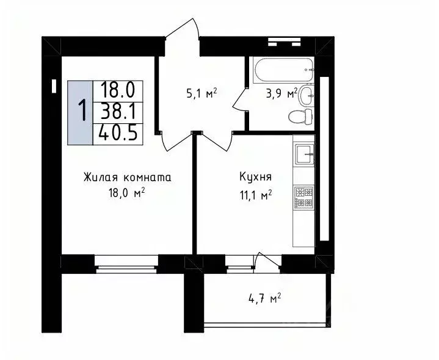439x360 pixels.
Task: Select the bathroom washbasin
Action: click(308, 93)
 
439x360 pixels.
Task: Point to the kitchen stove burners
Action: click(304, 196)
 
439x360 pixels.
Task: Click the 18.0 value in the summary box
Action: click(118, 90)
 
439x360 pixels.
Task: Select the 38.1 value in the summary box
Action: click(118, 111)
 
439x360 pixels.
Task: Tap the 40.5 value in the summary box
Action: click(118, 132)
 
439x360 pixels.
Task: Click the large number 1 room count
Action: click(81, 112)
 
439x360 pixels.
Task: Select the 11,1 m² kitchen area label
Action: click(255, 195)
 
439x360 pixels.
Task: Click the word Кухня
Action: click(255, 178)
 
